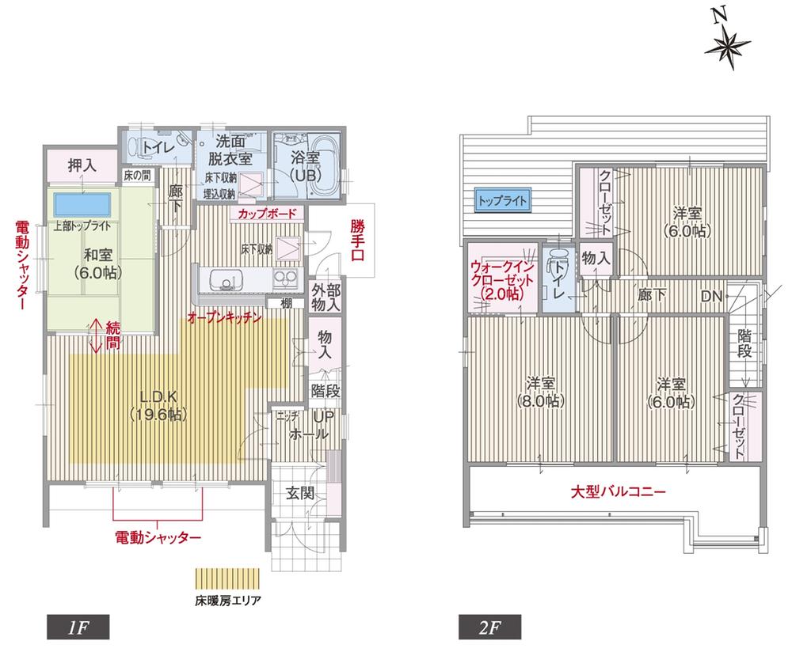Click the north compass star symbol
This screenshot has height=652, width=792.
(727, 47)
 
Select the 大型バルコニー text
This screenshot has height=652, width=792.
(619, 491)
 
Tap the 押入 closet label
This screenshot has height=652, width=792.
(82, 166)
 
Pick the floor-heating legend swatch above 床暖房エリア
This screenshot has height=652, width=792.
(227, 579)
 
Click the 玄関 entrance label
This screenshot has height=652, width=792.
(300, 494)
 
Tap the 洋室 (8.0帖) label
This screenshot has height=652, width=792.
(541, 392)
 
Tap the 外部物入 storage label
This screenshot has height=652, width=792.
(325, 297)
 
